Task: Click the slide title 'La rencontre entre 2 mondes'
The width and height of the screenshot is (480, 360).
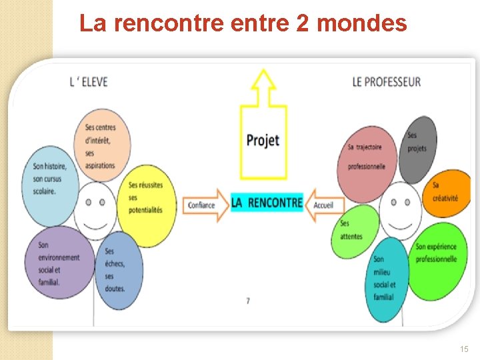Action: point(243,24)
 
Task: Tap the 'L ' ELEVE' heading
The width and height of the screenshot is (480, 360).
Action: point(89,82)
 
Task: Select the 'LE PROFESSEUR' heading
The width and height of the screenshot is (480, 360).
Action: point(386,82)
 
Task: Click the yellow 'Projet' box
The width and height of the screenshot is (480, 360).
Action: point(263,141)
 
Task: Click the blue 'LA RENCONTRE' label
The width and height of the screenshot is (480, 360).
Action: point(267,203)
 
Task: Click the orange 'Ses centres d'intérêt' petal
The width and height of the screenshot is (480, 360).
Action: point(102,145)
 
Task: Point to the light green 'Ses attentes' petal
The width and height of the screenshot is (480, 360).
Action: point(354,230)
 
